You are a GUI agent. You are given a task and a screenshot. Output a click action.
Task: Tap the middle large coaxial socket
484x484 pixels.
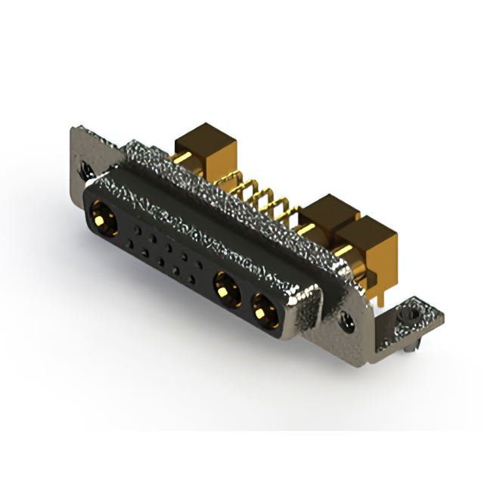225,287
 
